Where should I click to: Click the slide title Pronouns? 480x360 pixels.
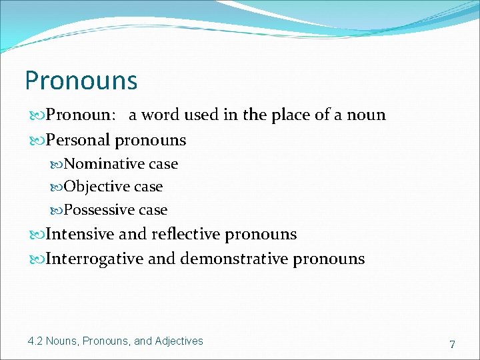81,81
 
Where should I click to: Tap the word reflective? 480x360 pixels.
186,235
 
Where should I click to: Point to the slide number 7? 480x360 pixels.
452,345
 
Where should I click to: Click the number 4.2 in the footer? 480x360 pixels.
35,341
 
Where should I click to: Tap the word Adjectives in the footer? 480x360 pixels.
179,341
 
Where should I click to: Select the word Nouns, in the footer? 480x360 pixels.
63,341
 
